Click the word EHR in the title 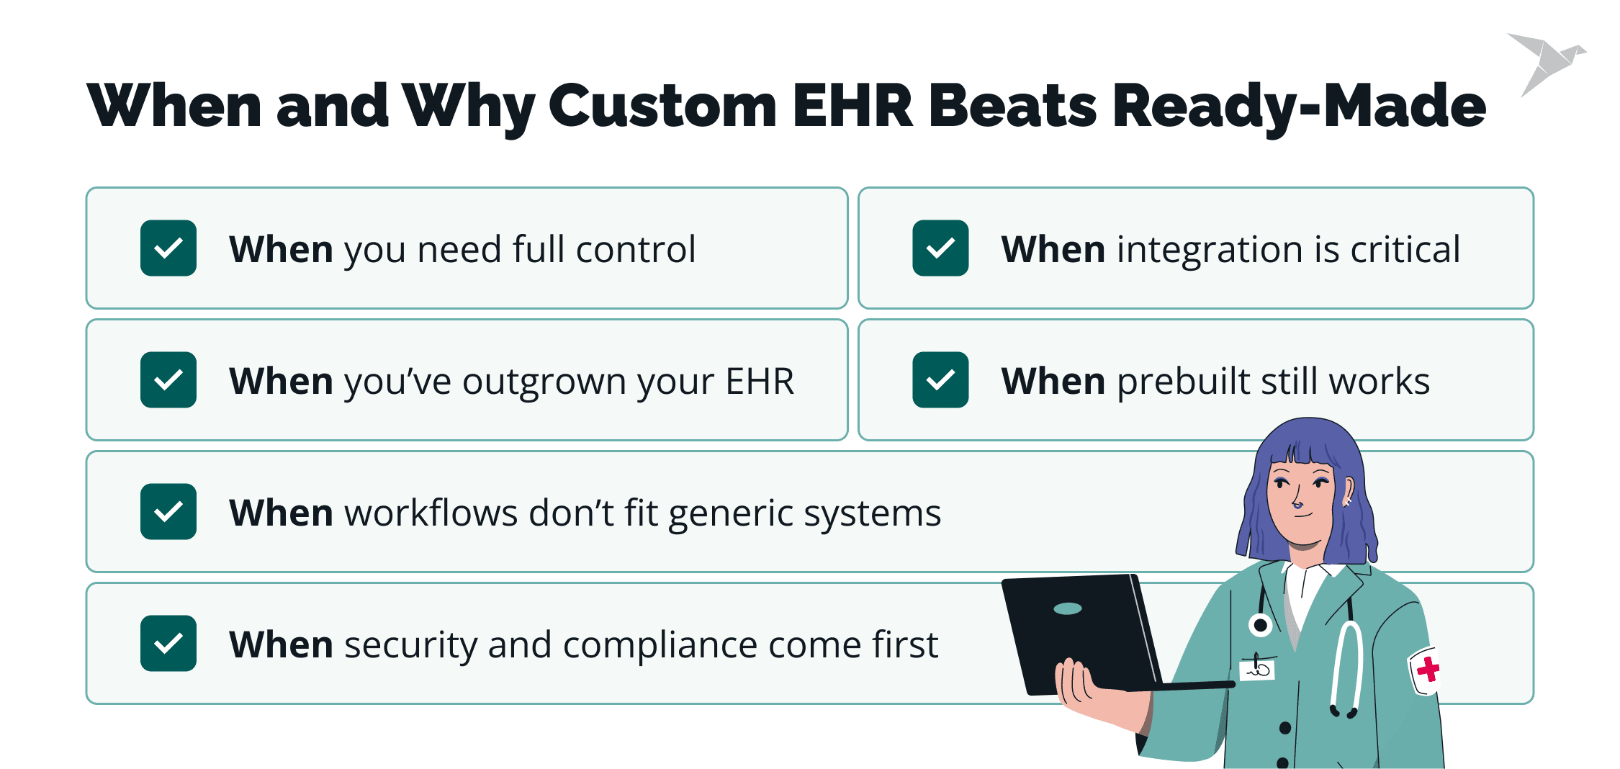point(852,106)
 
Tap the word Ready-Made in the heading point(1299,107)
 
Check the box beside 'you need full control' point(168,248)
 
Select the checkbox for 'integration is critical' point(940,248)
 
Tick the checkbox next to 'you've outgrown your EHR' point(168,380)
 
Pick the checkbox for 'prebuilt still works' point(940,380)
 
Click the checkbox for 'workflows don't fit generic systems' point(168,512)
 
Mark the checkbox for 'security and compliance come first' point(168,644)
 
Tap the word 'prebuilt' point(1184,382)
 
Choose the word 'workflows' point(431,513)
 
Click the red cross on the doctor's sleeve point(1428,670)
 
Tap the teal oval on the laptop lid point(1067,609)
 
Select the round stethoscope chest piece point(1261,625)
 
